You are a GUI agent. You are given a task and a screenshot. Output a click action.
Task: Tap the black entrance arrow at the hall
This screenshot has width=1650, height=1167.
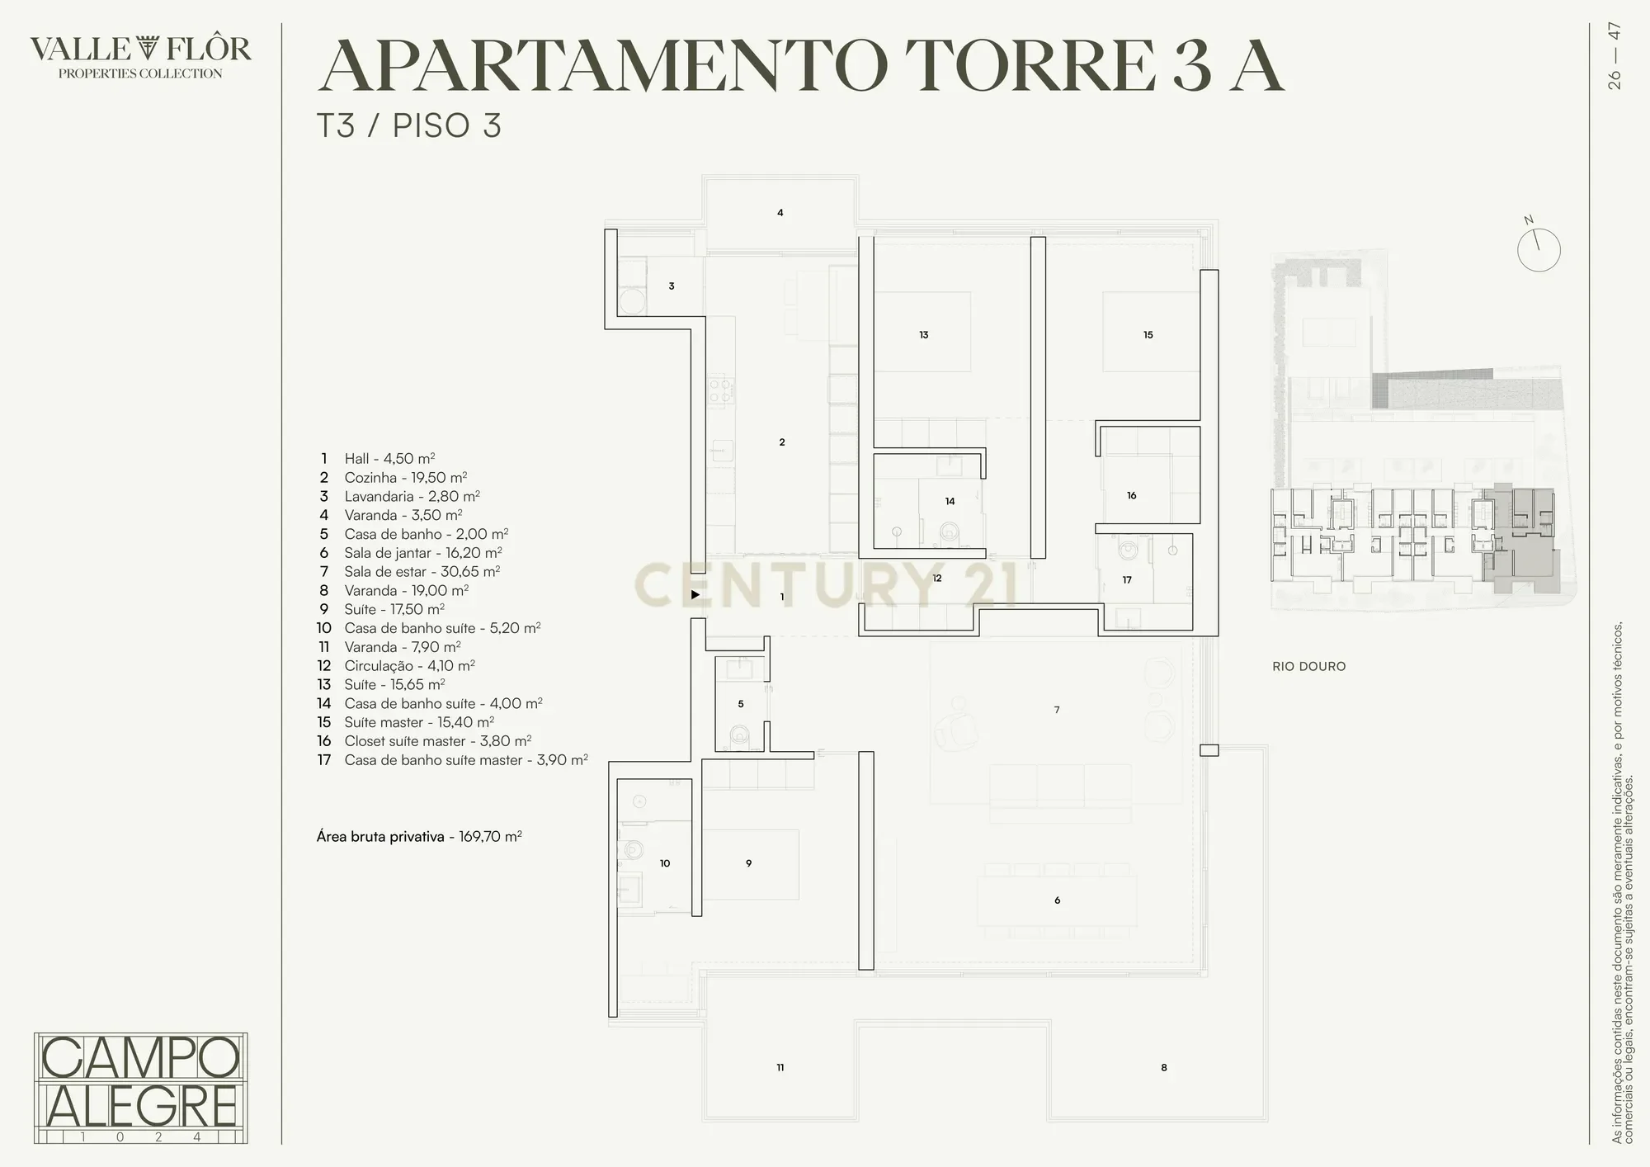tap(695, 594)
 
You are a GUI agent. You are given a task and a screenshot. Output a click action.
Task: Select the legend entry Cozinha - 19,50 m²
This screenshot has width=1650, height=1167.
tap(394, 478)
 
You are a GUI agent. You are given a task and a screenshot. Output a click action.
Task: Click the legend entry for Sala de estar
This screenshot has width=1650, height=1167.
tap(410, 572)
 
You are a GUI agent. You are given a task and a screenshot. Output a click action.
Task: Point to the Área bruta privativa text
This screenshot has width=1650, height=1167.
tap(419, 837)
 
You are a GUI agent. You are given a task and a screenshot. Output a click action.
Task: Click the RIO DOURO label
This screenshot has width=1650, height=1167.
tap(1308, 667)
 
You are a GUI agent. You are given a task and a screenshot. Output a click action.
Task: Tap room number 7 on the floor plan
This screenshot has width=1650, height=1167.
tap(1057, 710)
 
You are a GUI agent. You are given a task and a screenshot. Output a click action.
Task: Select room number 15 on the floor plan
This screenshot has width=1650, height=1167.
tap(1148, 335)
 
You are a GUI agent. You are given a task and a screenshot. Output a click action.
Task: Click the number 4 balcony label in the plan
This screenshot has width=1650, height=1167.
tap(780, 213)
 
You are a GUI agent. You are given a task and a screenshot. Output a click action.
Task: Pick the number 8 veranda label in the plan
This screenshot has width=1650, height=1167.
tap(1164, 1068)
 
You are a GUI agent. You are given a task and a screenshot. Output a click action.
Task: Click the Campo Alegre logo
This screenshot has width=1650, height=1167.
tap(141, 1088)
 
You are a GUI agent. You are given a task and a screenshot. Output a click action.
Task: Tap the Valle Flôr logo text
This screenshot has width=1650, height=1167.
tap(141, 56)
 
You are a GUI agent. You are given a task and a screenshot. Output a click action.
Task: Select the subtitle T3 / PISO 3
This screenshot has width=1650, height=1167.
tap(409, 126)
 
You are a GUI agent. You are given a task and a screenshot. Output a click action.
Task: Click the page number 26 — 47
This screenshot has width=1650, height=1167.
tap(1615, 56)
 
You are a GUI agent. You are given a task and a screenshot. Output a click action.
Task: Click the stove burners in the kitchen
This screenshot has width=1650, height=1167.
tap(719, 390)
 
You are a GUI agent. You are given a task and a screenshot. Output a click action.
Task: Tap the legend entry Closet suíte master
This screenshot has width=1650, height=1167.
tap(424, 741)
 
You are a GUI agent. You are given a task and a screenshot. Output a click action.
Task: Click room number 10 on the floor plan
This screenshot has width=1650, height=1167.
tap(665, 863)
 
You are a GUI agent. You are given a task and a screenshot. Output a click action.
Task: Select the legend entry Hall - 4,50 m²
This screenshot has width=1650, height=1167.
tap(378, 459)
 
